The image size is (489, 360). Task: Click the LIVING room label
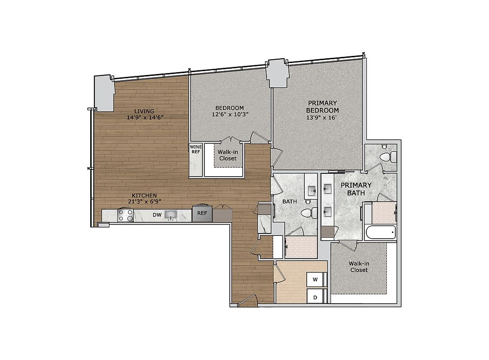144,111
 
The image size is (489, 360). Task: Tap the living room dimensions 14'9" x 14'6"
145,117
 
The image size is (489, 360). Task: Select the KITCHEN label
144,195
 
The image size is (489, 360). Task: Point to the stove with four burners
126,215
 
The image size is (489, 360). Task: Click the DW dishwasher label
157,215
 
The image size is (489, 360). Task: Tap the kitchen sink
170,215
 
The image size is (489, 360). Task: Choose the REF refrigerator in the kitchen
202,213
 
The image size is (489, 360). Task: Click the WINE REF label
196,149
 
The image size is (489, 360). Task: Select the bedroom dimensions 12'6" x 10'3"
230,115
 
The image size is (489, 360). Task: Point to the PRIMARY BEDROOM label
322,106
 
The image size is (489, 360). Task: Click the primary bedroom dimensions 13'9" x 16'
321,117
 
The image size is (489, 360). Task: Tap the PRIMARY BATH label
356,189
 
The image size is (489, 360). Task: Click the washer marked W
316,279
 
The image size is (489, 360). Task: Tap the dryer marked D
316,296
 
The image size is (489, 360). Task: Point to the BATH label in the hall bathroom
289,201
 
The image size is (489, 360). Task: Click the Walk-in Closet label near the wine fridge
228,155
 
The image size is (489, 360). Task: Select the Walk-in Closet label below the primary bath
359,267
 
